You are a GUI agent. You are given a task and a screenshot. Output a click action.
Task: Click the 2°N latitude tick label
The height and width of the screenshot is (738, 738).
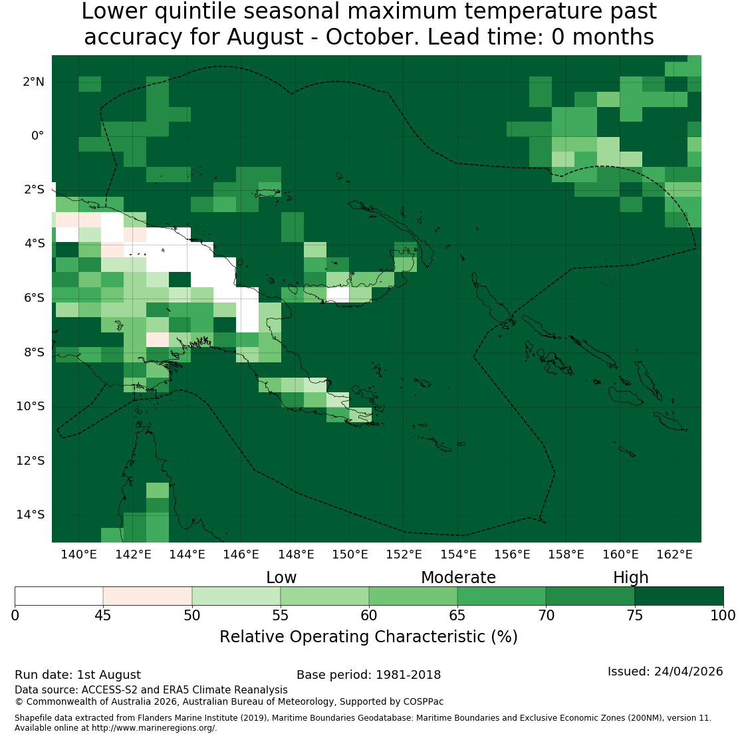[33, 82]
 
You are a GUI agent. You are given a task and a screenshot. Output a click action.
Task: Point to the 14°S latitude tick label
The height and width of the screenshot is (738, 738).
[31, 515]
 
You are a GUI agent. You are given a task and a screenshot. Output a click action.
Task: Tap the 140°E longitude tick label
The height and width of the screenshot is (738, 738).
[78, 554]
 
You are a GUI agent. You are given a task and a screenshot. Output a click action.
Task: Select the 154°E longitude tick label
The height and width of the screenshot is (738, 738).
[458, 554]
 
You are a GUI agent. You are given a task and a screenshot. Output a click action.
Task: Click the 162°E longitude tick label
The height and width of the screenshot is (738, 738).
[674, 554]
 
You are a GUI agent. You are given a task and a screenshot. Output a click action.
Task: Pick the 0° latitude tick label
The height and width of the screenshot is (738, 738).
[38, 136]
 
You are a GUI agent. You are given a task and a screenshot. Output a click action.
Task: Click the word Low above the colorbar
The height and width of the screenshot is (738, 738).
[281, 578]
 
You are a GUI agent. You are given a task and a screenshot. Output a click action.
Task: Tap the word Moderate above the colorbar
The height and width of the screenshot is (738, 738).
[459, 578]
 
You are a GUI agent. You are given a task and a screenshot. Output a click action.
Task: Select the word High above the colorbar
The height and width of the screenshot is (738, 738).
[631, 578]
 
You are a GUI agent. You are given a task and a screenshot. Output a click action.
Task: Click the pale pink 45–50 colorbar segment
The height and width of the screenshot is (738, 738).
[148, 596]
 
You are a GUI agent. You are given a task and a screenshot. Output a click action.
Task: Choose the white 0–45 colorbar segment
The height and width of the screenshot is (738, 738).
[59, 596]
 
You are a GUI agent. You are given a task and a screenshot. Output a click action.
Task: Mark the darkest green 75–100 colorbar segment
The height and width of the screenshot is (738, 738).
[679, 596]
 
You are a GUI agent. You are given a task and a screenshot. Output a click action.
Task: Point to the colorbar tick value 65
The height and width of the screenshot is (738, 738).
[457, 616]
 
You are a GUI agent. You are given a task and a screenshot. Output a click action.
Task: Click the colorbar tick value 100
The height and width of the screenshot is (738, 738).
[723, 616]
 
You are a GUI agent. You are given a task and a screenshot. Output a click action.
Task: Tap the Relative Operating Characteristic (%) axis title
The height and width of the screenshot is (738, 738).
[368, 637]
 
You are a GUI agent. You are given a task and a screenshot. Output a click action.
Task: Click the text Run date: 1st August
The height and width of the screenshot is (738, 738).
[78, 675]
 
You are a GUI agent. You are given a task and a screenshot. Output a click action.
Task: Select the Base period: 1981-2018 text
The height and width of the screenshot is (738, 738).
[368, 675]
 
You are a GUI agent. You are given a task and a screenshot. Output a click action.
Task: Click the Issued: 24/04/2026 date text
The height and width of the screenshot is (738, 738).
[665, 672]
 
